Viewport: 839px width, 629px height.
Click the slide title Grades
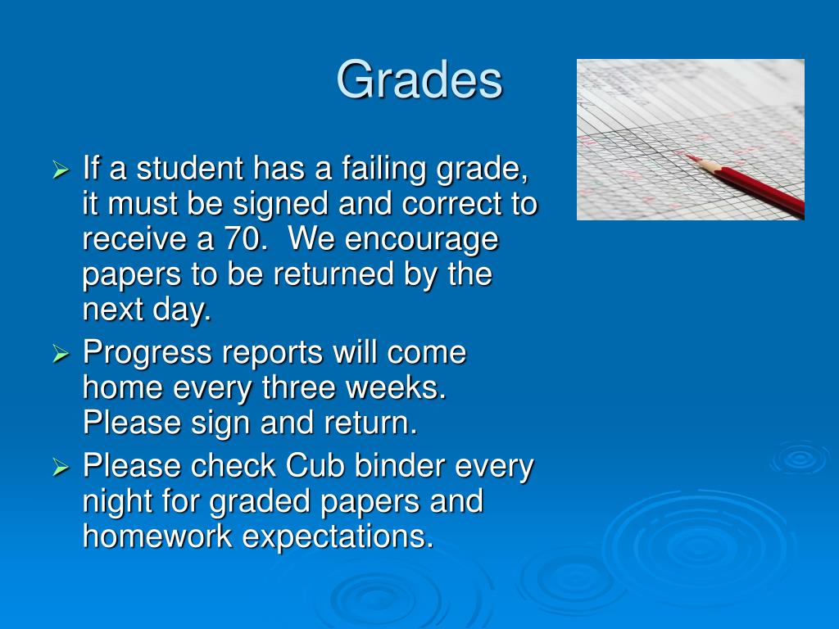coord(419,80)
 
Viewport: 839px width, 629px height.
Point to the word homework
coord(157,536)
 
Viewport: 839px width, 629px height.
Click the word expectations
coord(338,538)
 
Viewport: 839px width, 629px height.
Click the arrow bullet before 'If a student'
coord(61,170)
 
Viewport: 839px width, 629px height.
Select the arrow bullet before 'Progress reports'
coord(61,354)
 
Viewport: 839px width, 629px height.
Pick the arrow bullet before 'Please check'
coord(61,467)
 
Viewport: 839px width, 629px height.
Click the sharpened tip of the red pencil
coord(689,156)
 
